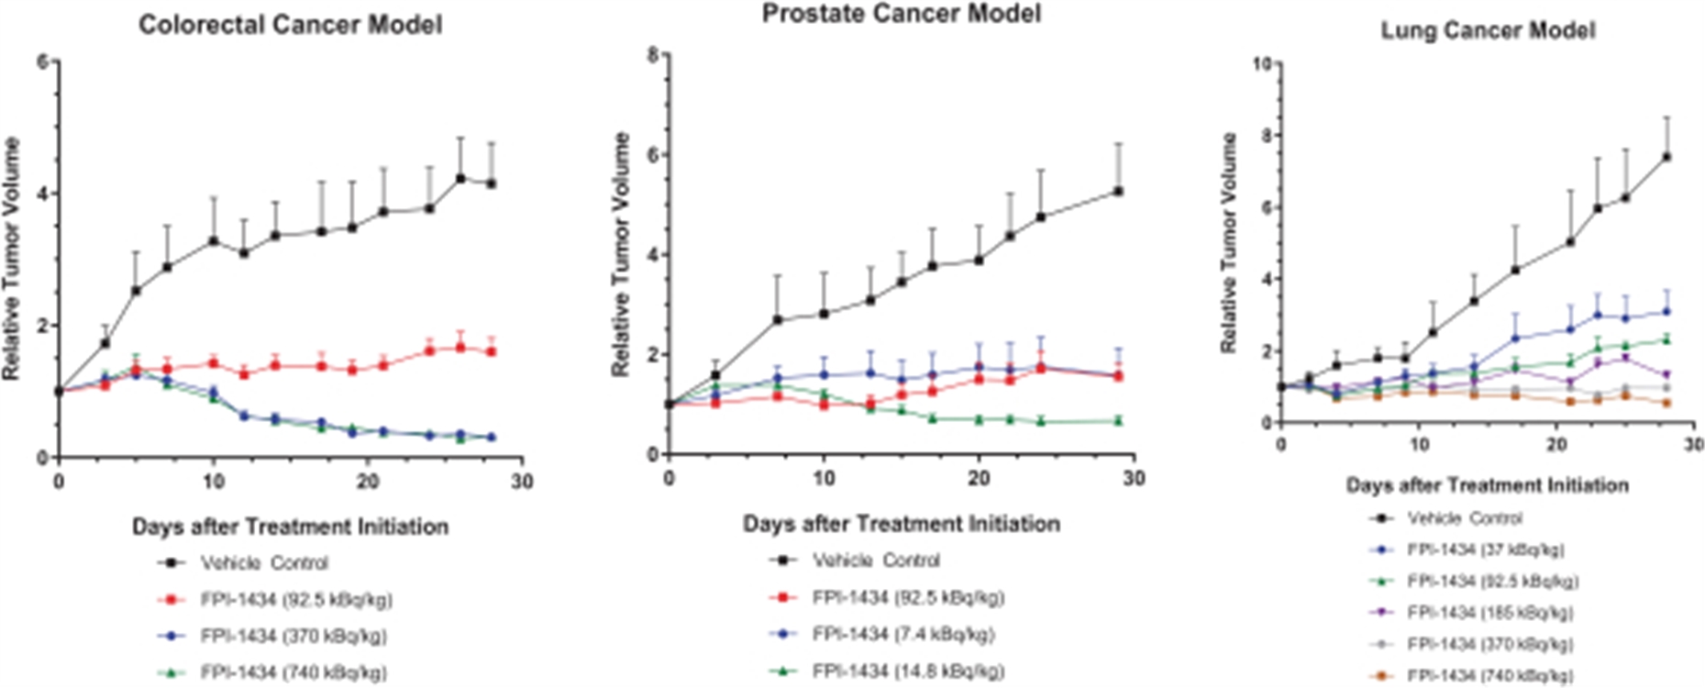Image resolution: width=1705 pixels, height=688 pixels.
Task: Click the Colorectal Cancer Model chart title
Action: tap(290, 24)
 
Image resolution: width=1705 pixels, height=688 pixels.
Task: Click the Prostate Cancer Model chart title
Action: tap(902, 13)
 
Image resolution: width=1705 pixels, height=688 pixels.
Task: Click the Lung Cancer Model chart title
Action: tap(1488, 30)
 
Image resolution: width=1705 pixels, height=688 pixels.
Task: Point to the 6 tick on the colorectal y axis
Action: tap(42, 61)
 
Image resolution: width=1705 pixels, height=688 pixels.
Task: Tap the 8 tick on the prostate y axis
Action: tap(652, 54)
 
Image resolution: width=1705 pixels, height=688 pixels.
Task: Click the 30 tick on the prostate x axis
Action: tap(1134, 479)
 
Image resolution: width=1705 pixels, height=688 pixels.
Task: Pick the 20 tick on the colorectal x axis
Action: tap(368, 482)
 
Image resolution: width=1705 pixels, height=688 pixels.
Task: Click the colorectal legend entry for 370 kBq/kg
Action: tap(293, 636)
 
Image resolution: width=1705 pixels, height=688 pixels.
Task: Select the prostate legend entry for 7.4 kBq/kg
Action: tap(902, 634)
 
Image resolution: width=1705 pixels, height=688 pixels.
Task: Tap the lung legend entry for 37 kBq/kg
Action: tap(1486, 549)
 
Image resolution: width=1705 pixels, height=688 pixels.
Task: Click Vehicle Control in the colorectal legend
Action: tap(264, 563)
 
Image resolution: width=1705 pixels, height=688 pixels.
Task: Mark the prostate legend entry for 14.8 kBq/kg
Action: tap(908, 671)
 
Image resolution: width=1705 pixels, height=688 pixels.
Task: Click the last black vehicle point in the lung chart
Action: tap(1666, 157)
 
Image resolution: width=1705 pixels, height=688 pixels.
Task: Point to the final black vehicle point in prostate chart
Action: tap(1119, 191)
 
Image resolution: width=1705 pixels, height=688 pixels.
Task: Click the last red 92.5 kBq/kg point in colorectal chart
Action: tap(492, 351)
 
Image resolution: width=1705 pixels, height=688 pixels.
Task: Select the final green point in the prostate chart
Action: tap(1119, 420)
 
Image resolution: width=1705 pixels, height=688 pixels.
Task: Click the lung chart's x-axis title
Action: tap(1487, 485)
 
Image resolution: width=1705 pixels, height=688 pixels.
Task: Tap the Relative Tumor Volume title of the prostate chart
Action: tap(621, 254)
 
